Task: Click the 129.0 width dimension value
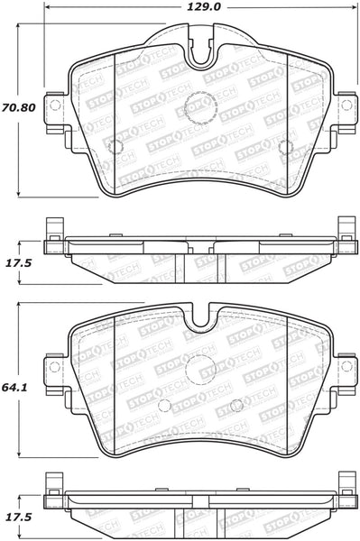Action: (x=204, y=7)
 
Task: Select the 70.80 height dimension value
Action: (x=19, y=107)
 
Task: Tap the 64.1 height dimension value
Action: (x=14, y=387)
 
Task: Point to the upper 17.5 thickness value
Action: (x=18, y=263)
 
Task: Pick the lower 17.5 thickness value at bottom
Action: (x=18, y=518)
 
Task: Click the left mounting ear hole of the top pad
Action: (x=55, y=105)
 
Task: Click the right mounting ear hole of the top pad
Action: (x=346, y=105)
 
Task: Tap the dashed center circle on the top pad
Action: (x=200, y=107)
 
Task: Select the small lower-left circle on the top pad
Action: (x=115, y=147)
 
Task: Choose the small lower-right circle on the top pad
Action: (x=285, y=147)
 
